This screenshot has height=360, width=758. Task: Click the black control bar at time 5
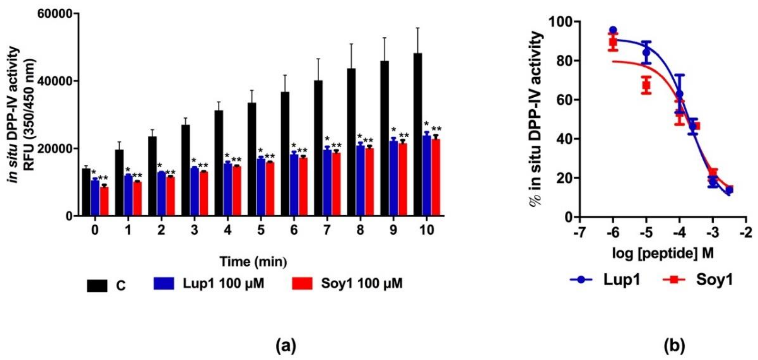[x=252, y=159]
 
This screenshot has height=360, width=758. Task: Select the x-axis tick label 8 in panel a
[x=360, y=230]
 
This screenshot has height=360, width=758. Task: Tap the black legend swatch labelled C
[x=97, y=286]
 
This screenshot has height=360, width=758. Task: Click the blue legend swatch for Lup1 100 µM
[x=164, y=283]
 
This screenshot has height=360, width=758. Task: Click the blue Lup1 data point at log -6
[x=613, y=30]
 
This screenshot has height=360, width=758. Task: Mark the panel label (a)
[x=286, y=346]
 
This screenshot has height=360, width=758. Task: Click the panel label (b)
[x=674, y=346]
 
